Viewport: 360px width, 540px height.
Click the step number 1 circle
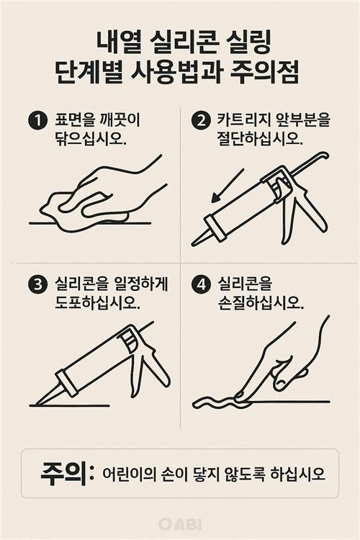point(37,121)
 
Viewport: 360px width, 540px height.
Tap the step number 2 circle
point(200,121)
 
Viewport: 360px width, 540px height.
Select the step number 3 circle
point(37,285)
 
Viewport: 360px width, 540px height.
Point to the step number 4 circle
point(200,285)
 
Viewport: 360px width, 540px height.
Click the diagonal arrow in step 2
point(228,185)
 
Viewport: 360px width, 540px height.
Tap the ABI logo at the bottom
point(180,524)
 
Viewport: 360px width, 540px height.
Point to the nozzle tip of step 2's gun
point(193,244)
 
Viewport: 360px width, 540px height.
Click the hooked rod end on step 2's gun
point(324,156)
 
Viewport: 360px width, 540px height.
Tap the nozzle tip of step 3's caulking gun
point(37,404)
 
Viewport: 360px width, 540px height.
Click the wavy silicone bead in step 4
point(216,402)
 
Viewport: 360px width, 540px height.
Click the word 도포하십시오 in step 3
point(97,302)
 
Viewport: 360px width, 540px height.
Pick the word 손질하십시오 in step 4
point(261,302)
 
